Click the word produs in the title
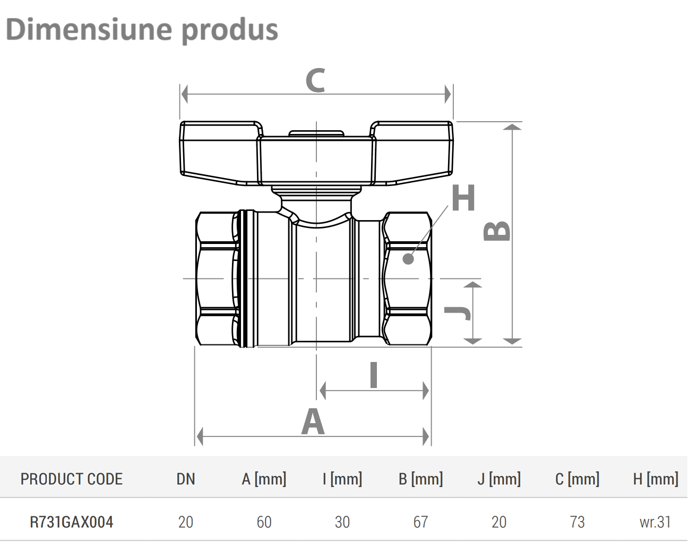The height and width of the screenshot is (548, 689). tap(229, 31)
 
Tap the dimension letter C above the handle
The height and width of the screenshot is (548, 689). tap(315, 80)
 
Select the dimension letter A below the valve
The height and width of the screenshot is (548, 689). tap(313, 421)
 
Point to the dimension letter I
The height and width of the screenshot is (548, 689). tap(374, 375)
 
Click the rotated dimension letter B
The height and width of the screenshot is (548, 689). tap(497, 231)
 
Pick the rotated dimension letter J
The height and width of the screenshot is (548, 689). tap(458, 313)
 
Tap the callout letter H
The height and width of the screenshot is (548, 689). tap(463, 198)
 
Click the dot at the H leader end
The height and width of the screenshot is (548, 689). tap(408, 259)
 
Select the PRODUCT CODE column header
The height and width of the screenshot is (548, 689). tap(72, 479)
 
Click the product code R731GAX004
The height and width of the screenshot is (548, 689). tap(72, 522)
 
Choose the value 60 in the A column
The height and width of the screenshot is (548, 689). tap(264, 522)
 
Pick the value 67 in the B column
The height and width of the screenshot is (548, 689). tap(421, 522)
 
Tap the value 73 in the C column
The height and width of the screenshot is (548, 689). tap(577, 522)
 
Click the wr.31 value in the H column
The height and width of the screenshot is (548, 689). tap(656, 522)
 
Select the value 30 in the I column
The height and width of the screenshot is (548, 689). tap(342, 522)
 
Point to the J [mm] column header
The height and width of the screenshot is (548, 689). tap(499, 479)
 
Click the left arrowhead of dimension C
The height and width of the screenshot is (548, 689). tap(184, 94)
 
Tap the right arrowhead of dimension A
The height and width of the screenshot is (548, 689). tap(426, 436)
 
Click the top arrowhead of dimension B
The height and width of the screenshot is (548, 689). tap(512, 127)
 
